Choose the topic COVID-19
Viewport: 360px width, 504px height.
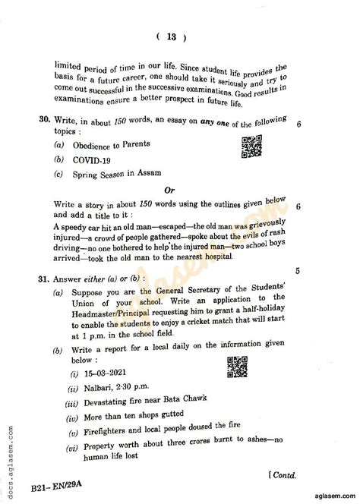(92, 159)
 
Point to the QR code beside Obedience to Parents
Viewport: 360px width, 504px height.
(251, 146)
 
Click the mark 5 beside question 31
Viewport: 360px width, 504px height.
(297, 270)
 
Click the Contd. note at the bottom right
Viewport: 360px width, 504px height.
(287, 474)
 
